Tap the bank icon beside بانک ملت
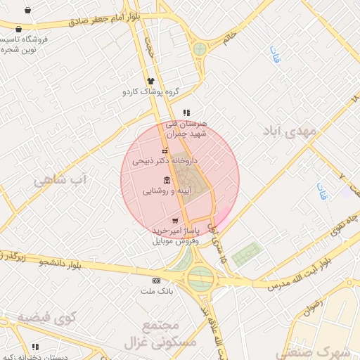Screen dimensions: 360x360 coord(156,281)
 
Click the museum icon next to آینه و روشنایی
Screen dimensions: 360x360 coord(166,179)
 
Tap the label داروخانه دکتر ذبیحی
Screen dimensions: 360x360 coord(165,161)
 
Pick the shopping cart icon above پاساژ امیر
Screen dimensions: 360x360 coord(174,221)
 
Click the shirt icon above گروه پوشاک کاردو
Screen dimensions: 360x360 coord(150,81)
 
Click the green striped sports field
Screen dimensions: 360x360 coord(246,253)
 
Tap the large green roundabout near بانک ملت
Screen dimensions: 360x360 coord(200,277)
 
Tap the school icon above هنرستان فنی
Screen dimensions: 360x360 coord(186,112)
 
